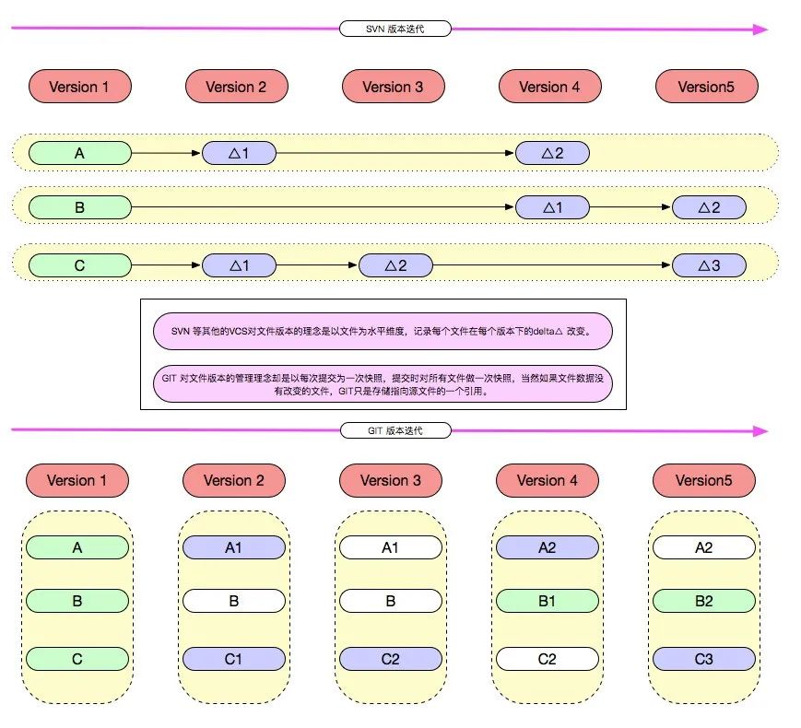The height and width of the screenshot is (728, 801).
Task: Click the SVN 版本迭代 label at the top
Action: tap(394, 29)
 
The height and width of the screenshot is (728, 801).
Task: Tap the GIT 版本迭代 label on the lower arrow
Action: tap(395, 430)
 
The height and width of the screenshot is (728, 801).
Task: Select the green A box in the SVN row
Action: tap(79, 153)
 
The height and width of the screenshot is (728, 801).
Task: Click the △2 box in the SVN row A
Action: tap(552, 153)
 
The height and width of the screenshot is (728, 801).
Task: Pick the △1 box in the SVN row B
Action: tap(552, 207)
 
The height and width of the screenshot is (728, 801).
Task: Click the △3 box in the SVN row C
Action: tap(708, 265)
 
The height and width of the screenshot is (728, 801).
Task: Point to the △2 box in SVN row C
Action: tap(395, 265)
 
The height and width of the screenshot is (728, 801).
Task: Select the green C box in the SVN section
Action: tap(79, 265)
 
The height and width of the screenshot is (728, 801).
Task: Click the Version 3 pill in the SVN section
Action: tap(393, 87)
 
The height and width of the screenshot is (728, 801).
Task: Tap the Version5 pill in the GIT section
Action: tap(703, 480)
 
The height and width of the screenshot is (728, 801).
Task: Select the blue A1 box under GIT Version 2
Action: tap(234, 546)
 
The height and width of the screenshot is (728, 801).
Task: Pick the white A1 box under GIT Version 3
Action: tap(390, 546)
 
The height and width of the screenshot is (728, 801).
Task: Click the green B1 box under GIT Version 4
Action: tap(547, 601)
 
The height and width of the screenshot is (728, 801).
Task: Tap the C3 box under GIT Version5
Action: tap(703, 659)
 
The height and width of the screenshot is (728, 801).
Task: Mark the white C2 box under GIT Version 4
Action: tap(547, 659)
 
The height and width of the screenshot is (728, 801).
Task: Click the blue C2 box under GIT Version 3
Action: tap(390, 659)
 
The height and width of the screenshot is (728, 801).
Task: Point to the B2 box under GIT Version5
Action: tap(703, 601)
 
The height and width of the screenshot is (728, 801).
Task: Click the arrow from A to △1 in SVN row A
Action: tap(166, 153)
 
